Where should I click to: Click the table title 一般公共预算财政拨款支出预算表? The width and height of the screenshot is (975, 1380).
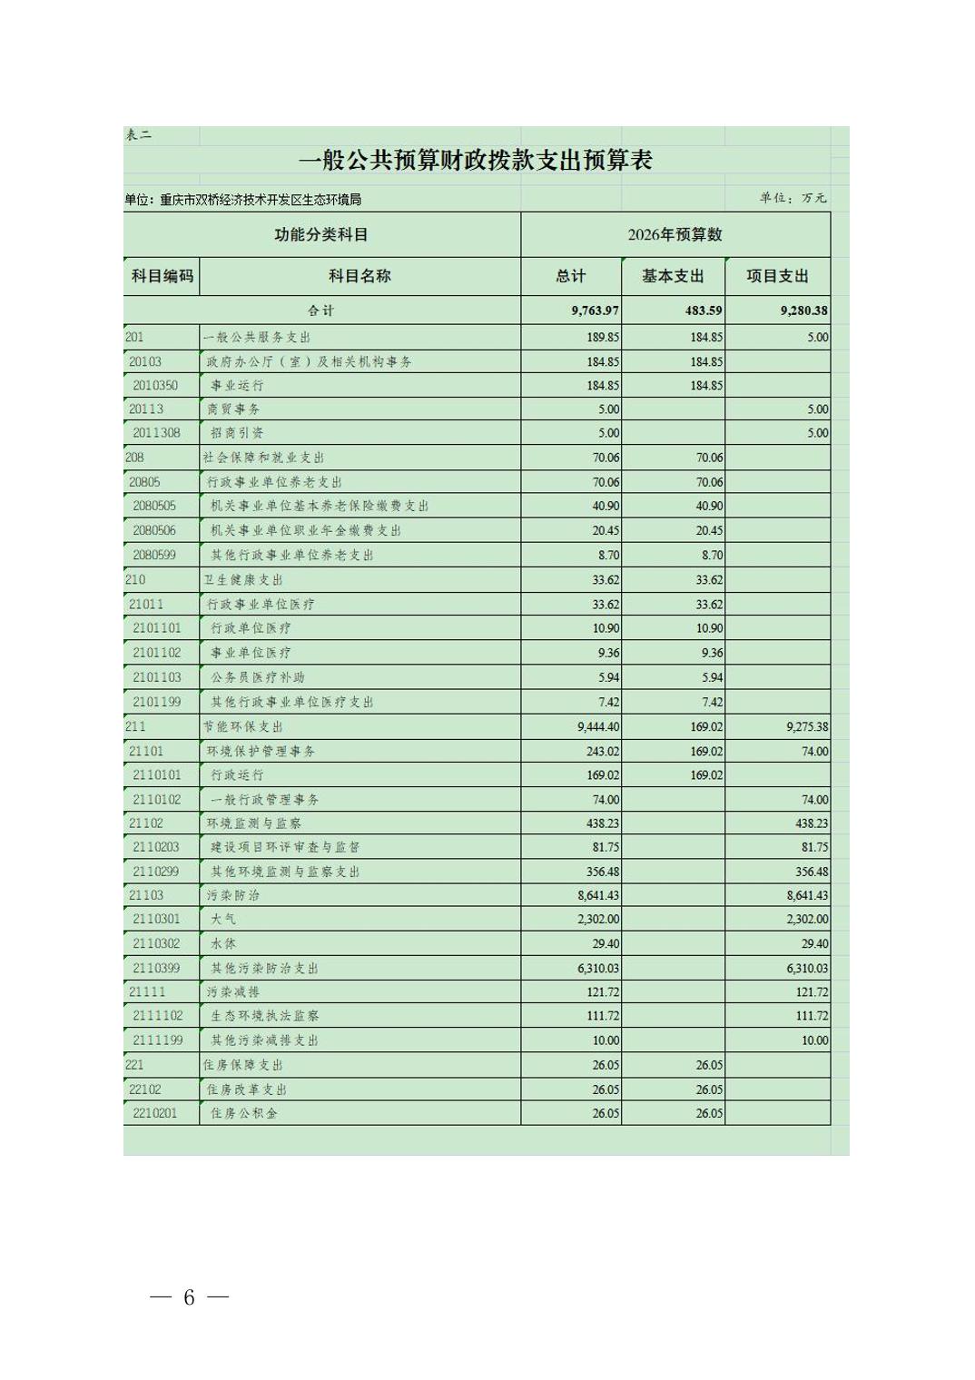(x=476, y=161)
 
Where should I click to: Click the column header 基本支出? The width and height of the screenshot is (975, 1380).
(x=673, y=276)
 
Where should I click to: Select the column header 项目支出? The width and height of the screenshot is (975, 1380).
(x=777, y=276)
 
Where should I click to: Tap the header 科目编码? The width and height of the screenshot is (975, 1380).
(x=162, y=276)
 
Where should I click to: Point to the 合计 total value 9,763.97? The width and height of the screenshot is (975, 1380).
(x=595, y=310)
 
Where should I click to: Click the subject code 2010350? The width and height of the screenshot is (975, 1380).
(x=155, y=385)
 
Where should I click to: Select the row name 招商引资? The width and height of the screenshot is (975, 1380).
(x=237, y=433)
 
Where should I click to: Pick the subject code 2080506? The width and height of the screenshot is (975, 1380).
(x=154, y=530)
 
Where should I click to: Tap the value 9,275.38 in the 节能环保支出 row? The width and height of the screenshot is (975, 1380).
(x=803, y=726)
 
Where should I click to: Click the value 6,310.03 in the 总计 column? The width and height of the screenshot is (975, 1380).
(x=598, y=968)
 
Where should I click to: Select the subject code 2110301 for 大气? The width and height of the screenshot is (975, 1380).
(x=156, y=919)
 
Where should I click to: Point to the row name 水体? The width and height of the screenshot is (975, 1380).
(x=223, y=943)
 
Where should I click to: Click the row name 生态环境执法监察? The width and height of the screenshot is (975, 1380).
(x=264, y=1016)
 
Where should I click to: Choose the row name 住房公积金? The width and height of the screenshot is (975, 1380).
(x=244, y=1113)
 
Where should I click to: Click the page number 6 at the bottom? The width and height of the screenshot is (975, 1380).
(x=189, y=1297)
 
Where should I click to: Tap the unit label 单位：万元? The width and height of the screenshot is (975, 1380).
(x=793, y=198)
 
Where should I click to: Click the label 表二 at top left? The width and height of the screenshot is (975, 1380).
(x=139, y=135)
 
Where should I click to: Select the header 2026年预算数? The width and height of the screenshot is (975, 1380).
(x=675, y=234)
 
